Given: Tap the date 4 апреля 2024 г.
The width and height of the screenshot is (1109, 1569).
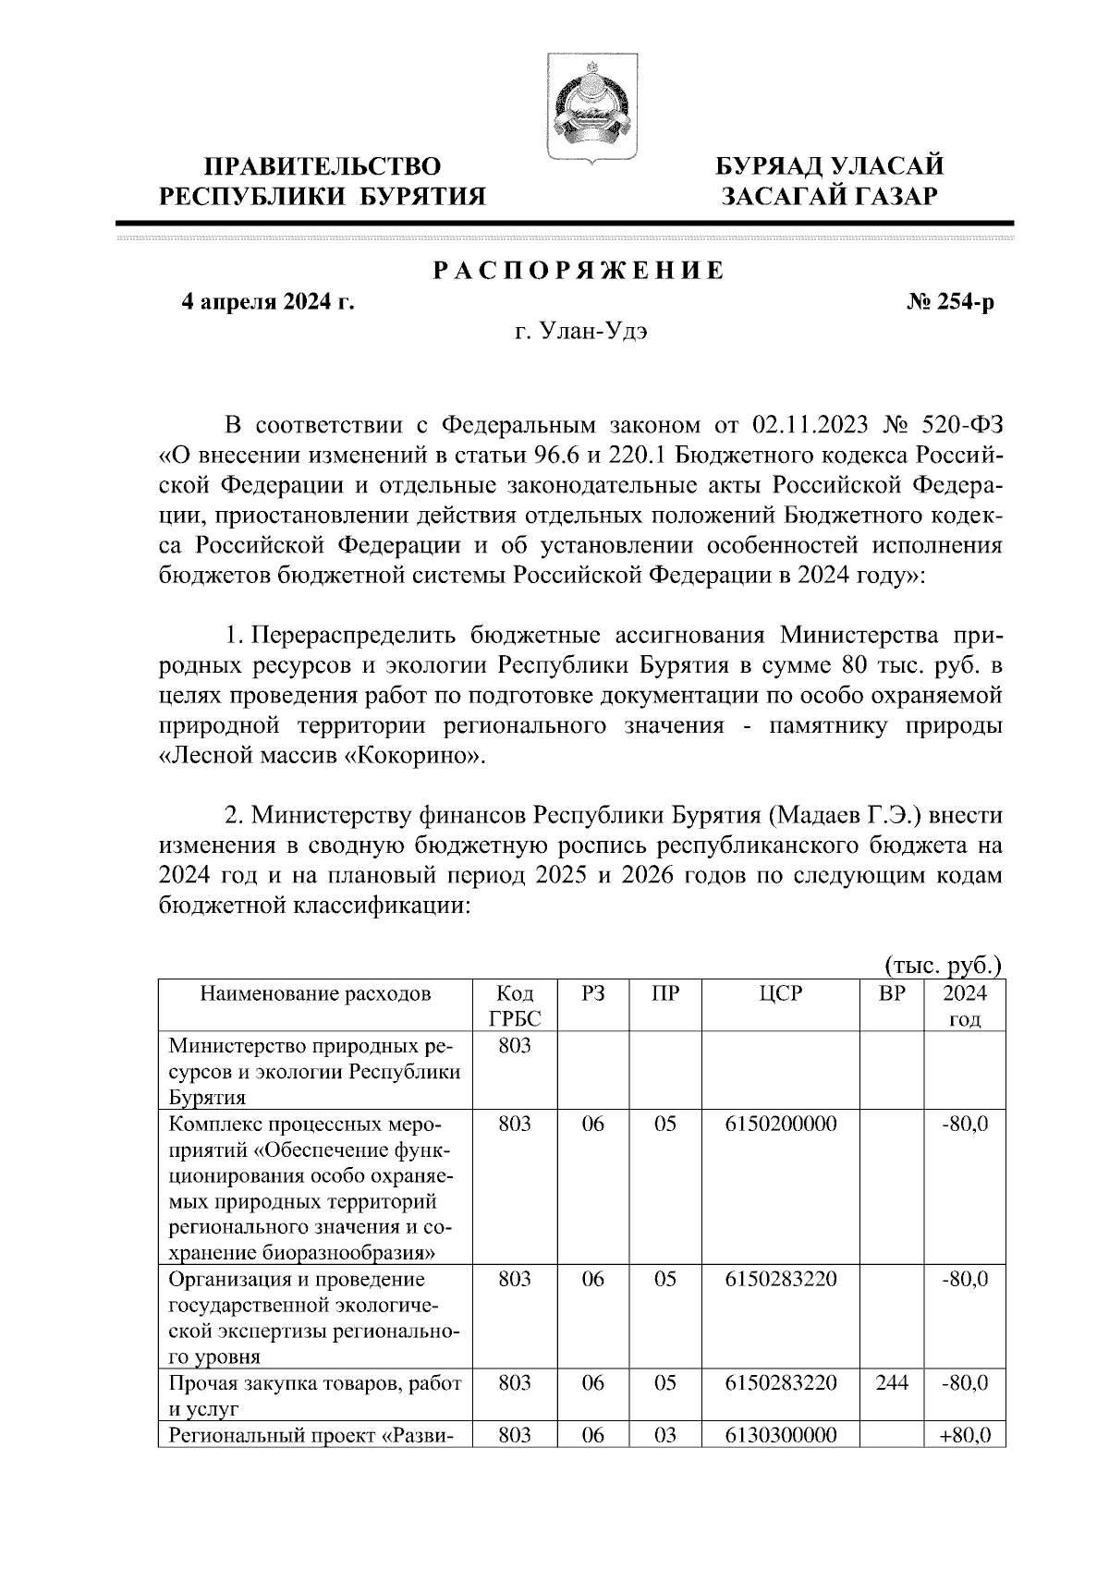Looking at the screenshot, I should [267, 302].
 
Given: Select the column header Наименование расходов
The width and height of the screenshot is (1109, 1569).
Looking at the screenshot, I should [314, 993].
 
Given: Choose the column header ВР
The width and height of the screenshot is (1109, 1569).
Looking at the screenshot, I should [891, 993].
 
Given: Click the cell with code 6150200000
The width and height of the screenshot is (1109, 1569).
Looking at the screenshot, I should [781, 1125].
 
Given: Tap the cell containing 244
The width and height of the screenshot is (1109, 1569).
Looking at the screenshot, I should [891, 1382].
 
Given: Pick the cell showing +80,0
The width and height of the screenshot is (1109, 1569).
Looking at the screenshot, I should [964, 1435].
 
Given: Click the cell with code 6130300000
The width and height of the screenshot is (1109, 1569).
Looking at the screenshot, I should [781, 1435].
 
